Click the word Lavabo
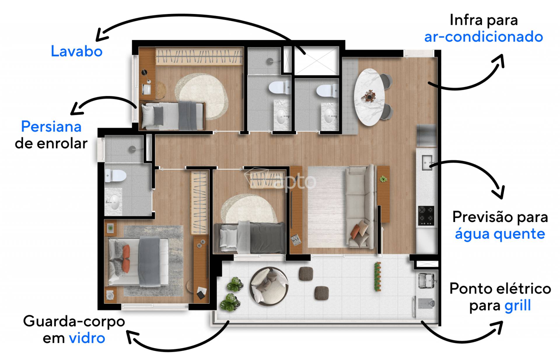click(x=77, y=51)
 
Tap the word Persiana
click(x=51, y=127)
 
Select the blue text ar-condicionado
click(x=483, y=37)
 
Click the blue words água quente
click(x=500, y=234)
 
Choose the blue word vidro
click(x=87, y=338)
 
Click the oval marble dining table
click(x=369, y=97)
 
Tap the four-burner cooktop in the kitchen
click(x=426, y=216)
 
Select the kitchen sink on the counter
click(x=427, y=163)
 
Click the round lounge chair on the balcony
click(x=269, y=287)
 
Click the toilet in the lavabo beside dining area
click(x=327, y=90)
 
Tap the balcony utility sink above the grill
click(x=427, y=281)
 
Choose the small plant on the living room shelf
click(x=383, y=179)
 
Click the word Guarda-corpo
click(x=74, y=322)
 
